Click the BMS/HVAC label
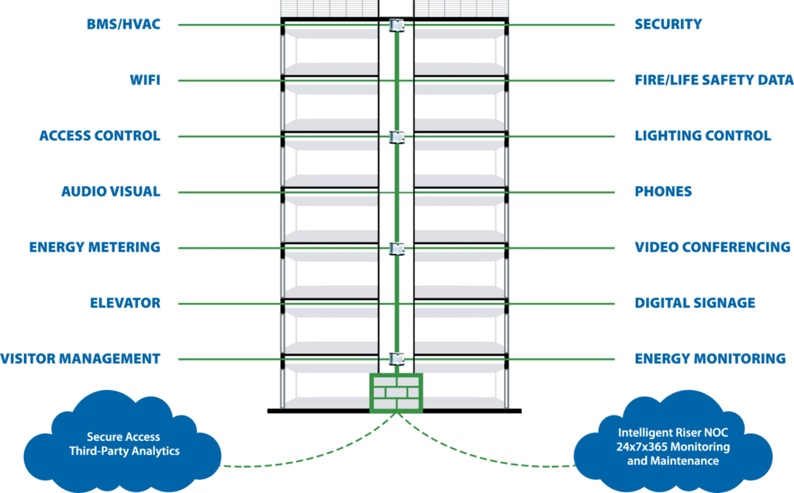pos(125,25)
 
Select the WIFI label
pos(146,81)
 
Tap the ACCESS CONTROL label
pos(99,136)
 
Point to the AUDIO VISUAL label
pos(111,192)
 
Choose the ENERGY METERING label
pos(95,248)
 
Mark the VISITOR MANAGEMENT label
pos(80,360)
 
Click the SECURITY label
pos(668,25)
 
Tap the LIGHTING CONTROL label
pos(703,136)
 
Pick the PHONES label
pos(663,192)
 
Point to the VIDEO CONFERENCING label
pos(713,248)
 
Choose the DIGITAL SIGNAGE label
pos(695,304)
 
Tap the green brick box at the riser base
pos(396,392)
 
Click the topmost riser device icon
pos(396,26)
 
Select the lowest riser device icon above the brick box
pos(396,359)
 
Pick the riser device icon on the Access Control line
pos(396,137)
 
